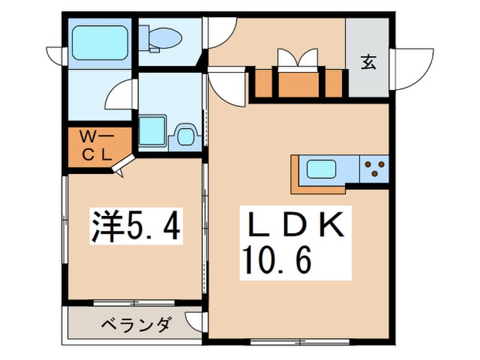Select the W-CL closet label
97,144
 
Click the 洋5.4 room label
136,227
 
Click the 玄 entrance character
368,62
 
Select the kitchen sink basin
321,169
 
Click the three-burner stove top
375,166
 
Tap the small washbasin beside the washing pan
185,135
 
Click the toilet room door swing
219,31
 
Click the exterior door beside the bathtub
56,54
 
